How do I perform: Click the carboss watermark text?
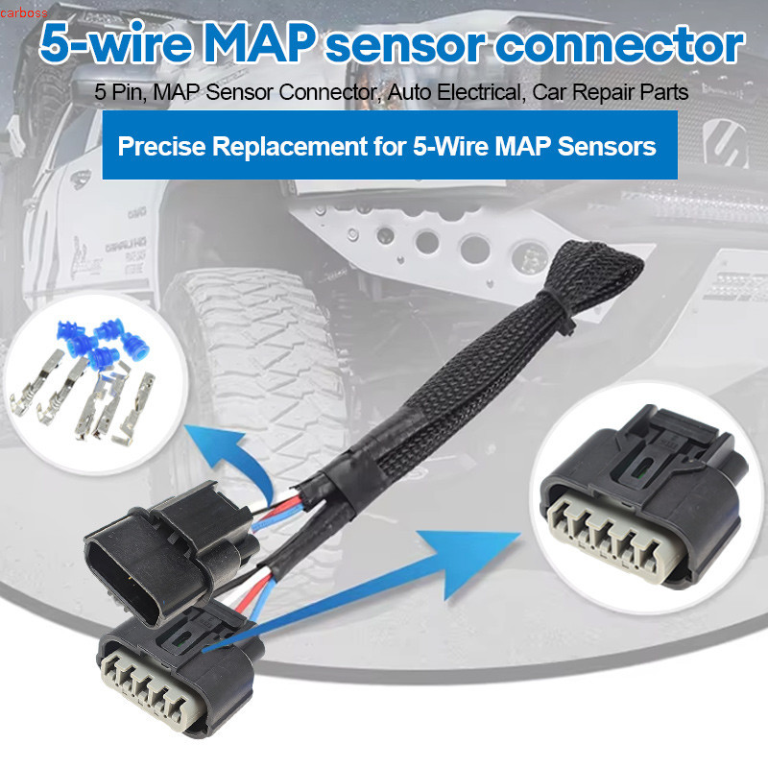(23, 12)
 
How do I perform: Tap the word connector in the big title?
(622, 45)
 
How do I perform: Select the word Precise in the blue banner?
(161, 146)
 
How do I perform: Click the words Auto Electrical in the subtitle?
(455, 92)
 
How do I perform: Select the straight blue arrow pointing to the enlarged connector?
(363, 591)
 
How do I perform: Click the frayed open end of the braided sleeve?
(594, 266)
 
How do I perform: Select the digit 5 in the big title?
(55, 44)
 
